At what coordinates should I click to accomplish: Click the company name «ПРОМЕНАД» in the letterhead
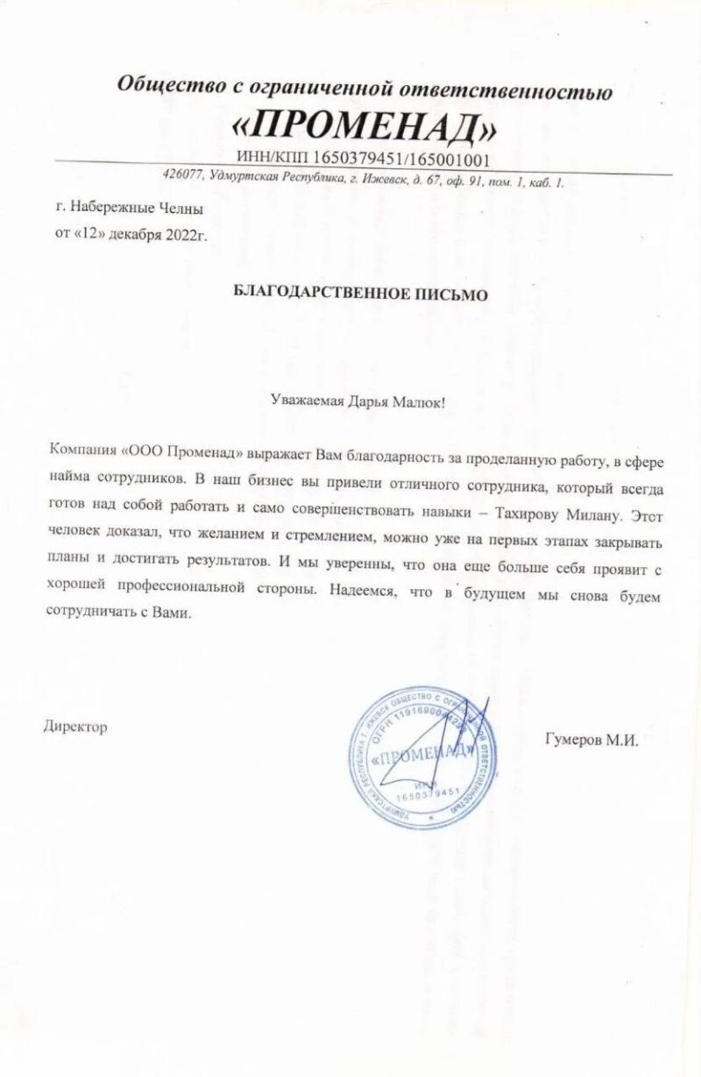coord(364,129)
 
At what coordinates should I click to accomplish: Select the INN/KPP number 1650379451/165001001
coord(363,159)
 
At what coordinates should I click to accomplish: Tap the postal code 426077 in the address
coord(180,174)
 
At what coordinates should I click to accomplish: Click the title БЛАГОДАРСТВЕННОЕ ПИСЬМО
coord(361,294)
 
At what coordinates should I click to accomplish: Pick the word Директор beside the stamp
coord(75,726)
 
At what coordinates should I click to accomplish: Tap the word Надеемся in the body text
coord(362,592)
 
